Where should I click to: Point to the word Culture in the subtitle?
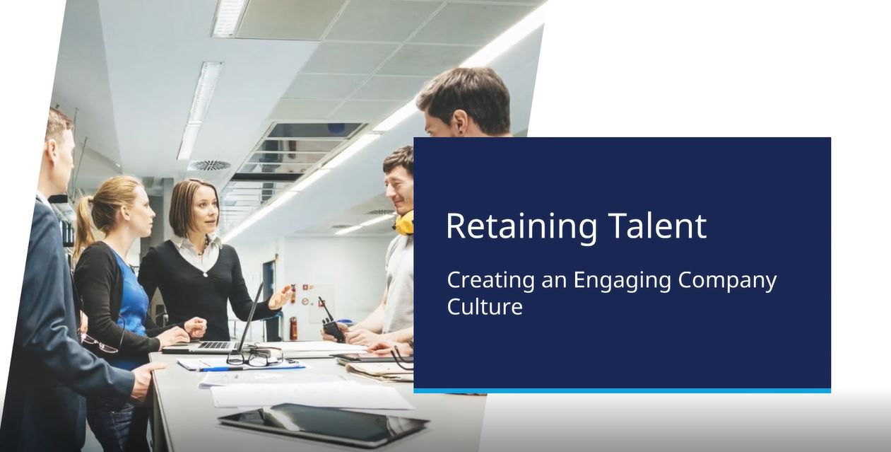485,306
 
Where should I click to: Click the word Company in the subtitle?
727,281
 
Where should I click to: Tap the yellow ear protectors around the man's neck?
404,222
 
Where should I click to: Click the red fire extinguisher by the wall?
293,328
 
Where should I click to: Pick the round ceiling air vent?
209,165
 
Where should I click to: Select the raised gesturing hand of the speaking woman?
281,296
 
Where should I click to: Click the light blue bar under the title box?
622,390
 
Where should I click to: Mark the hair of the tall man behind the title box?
465,92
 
